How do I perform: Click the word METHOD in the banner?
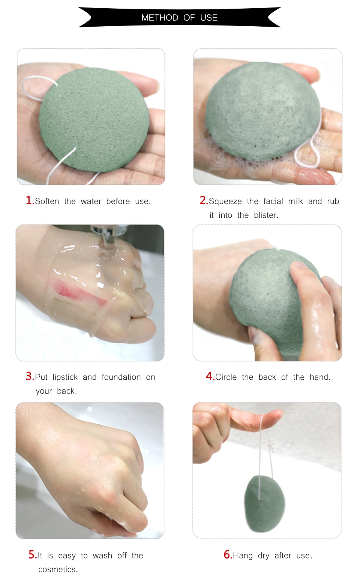tap(160, 18)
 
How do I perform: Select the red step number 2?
tap(203, 201)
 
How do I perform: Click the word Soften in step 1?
tap(47, 201)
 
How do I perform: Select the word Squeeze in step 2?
tap(225, 201)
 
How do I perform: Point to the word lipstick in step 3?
tap(65, 377)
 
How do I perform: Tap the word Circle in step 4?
tap(226, 377)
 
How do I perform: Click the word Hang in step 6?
tap(243, 556)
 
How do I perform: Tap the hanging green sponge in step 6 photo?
tap(264, 505)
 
